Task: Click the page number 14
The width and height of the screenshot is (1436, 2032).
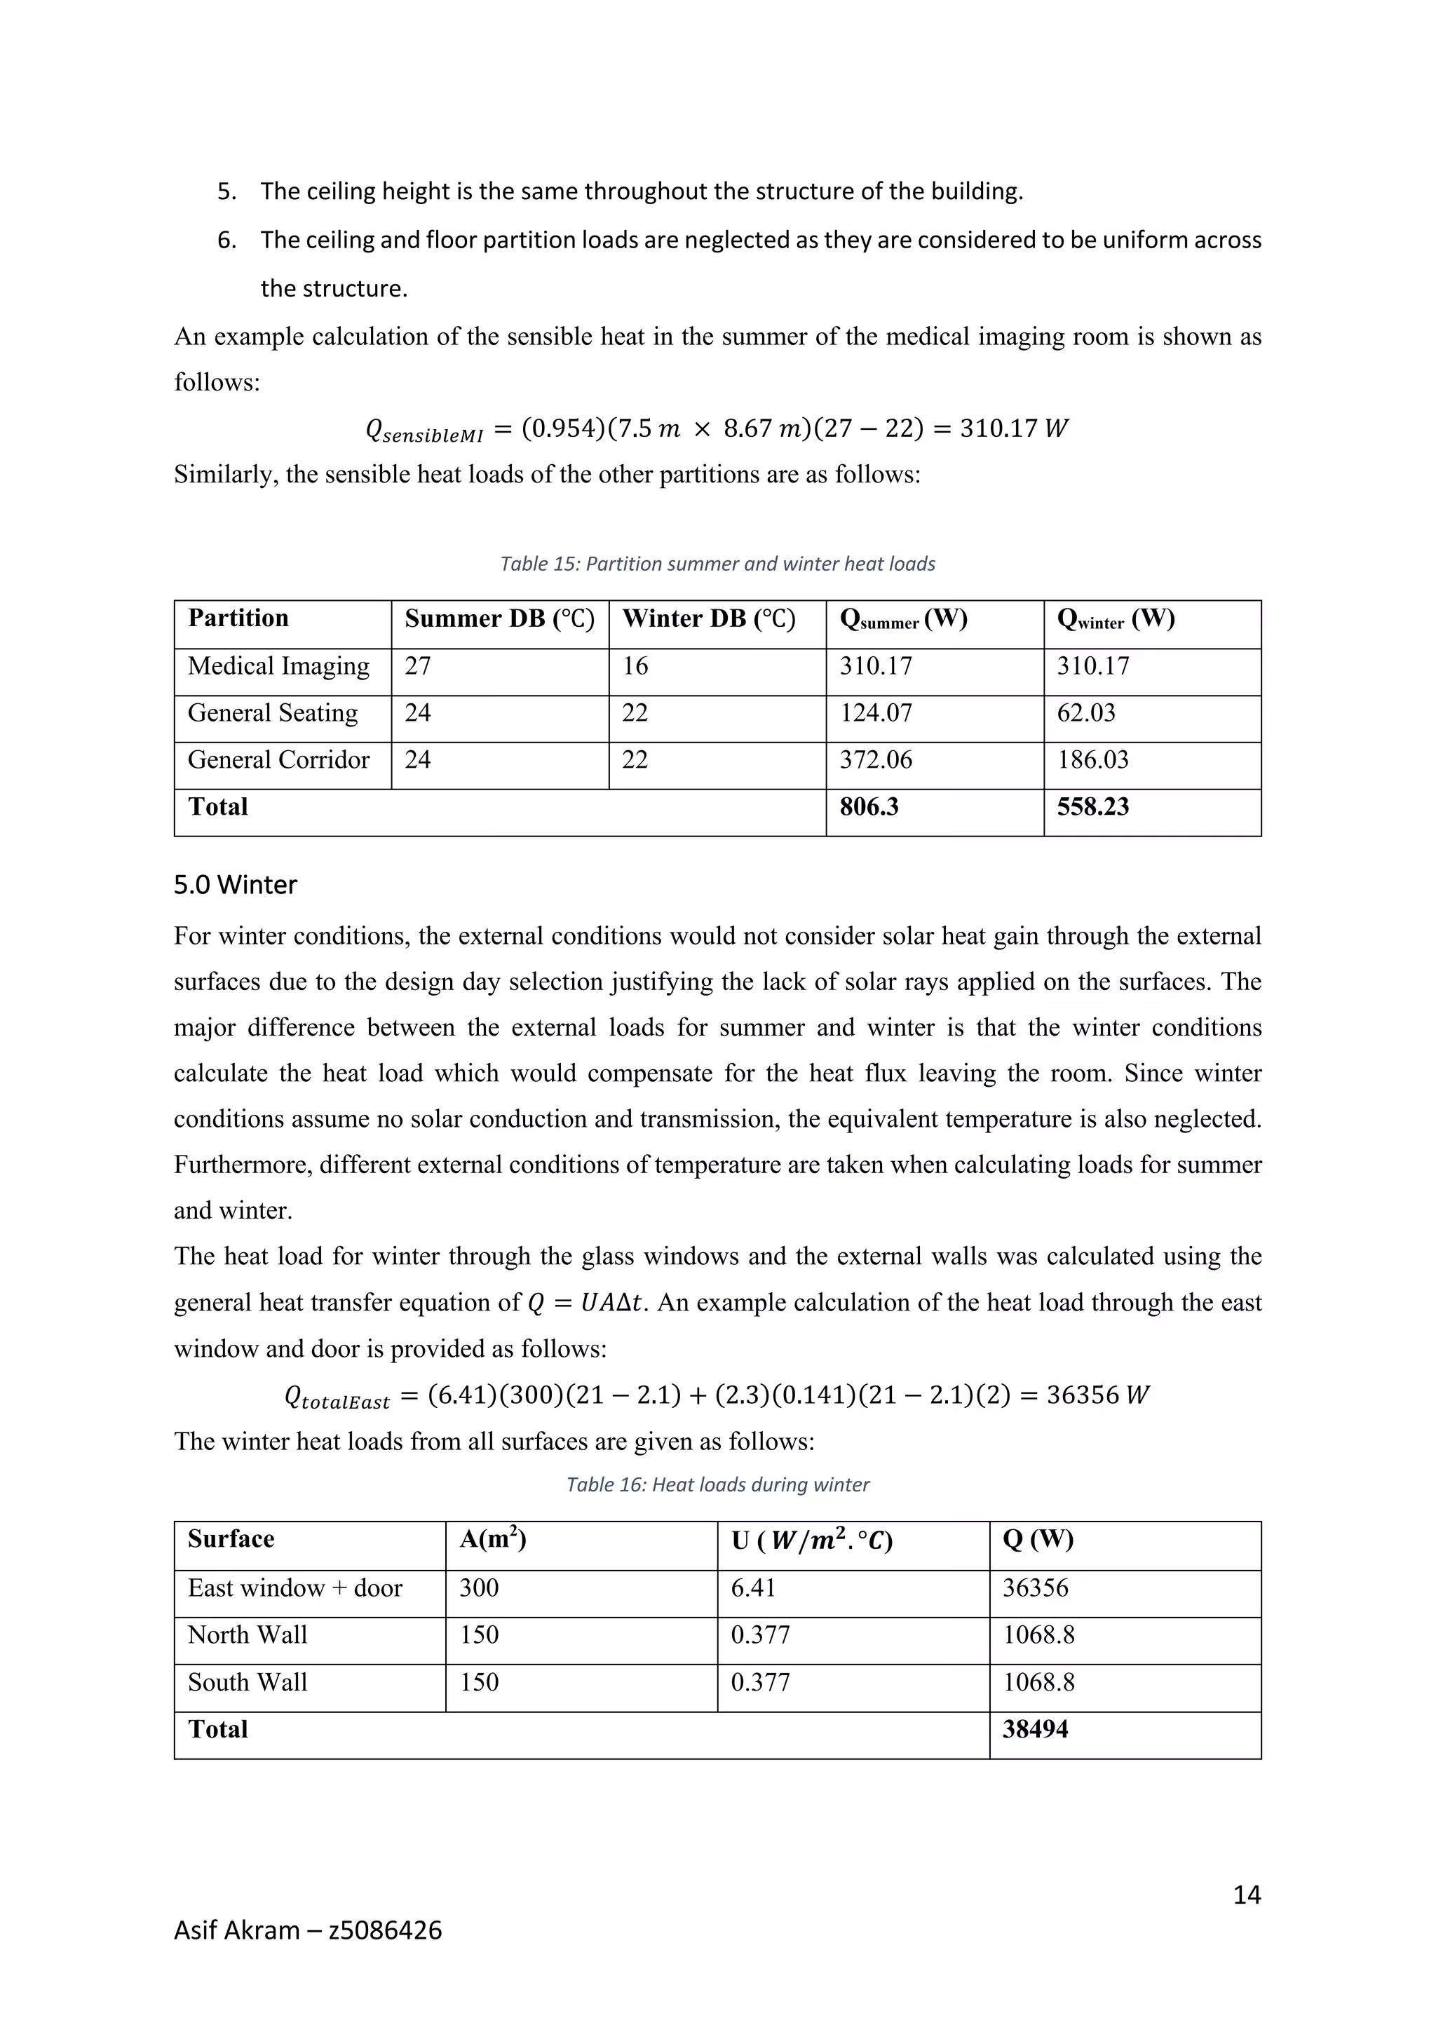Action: click(1246, 1894)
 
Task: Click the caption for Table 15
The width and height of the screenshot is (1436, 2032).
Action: click(717, 564)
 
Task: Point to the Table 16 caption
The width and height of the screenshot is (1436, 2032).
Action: click(717, 1484)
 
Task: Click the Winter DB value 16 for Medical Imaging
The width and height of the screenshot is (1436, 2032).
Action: click(635, 665)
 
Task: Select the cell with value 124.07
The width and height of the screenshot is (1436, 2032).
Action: click(875, 712)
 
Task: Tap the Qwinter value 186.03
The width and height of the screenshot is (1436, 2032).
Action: click(1092, 759)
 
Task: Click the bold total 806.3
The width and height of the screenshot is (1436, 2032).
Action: click(869, 806)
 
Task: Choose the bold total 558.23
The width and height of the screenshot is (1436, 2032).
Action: click(1092, 806)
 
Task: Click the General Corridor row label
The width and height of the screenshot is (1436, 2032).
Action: click(278, 759)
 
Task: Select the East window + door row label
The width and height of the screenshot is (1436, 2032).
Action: click(294, 1587)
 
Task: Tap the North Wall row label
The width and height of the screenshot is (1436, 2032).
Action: click(248, 1634)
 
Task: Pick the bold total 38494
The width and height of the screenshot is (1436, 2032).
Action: click(1034, 1728)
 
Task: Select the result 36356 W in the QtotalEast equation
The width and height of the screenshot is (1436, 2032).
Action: click(1097, 1395)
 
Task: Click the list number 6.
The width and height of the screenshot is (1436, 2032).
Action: click(226, 240)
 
